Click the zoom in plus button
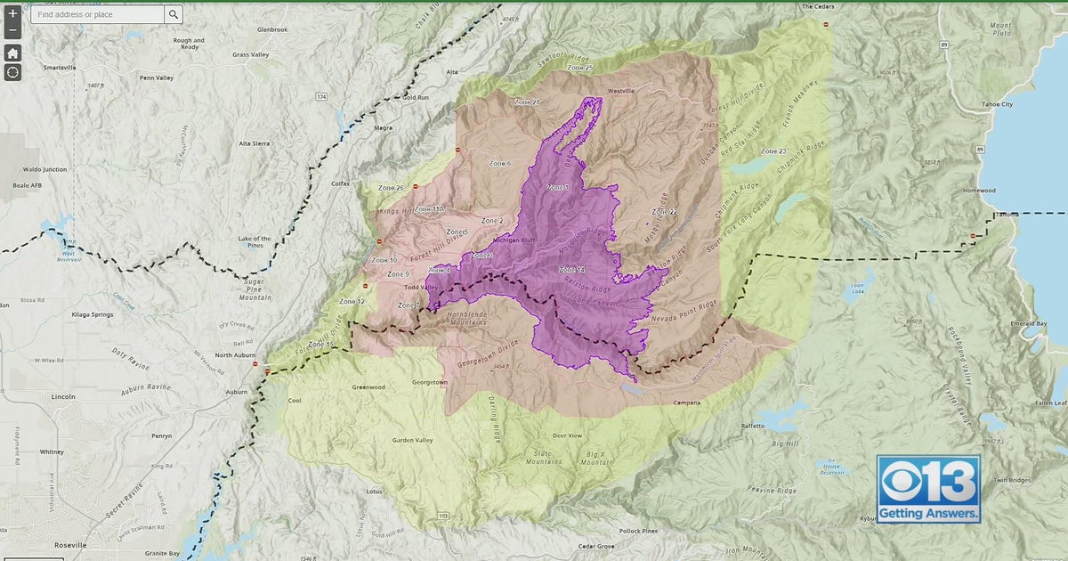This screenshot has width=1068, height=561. pyautogui.click(x=12, y=13)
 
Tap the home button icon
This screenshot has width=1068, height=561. pyautogui.click(x=12, y=53)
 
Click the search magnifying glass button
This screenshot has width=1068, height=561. pyautogui.click(x=173, y=14)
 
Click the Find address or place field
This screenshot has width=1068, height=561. pyautogui.click(x=96, y=14)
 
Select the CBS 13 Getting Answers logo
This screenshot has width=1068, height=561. pyautogui.click(x=928, y=489)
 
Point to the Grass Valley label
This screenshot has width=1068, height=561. pyautogui.click(x=251, y=54)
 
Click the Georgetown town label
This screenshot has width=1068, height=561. pyautogui.click(x=428, y=382)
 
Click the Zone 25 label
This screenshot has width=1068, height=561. pyautogui.click(x=578, y=68)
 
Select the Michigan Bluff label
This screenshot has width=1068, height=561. pyautogui.click(x=514, y=240)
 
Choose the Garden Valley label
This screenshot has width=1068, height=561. pyautogui.click(x=412, y=440)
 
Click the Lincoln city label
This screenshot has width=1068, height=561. pyautogui.click(x=63, y=396)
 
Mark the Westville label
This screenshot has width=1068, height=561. pyautogui.click(x=620, y=91)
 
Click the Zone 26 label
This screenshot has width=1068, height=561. pyautogui.click(x=391, y=188)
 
